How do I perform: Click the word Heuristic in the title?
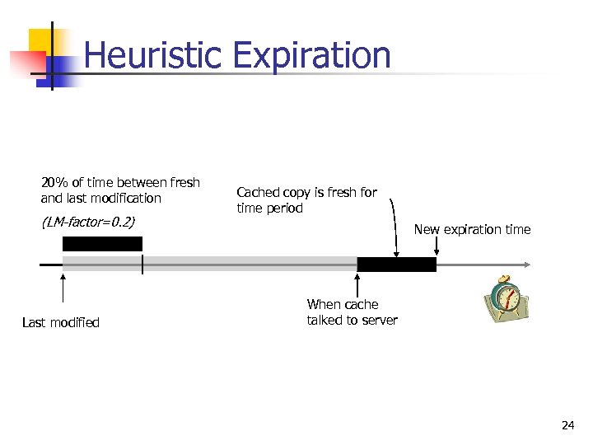point(153,55)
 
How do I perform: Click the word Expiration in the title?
point(311,55)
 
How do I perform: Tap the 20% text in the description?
point(54,182)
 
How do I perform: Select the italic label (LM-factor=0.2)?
point(87,222)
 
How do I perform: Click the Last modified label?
point(60,322)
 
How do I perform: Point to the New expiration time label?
point(472,229)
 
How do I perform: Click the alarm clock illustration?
point(504,297)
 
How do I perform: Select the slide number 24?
point(567,425)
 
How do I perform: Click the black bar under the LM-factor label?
point(102,244)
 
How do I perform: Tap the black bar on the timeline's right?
point(396,265)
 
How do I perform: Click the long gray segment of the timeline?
point(247,265)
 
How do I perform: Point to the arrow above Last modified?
point(63,293)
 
